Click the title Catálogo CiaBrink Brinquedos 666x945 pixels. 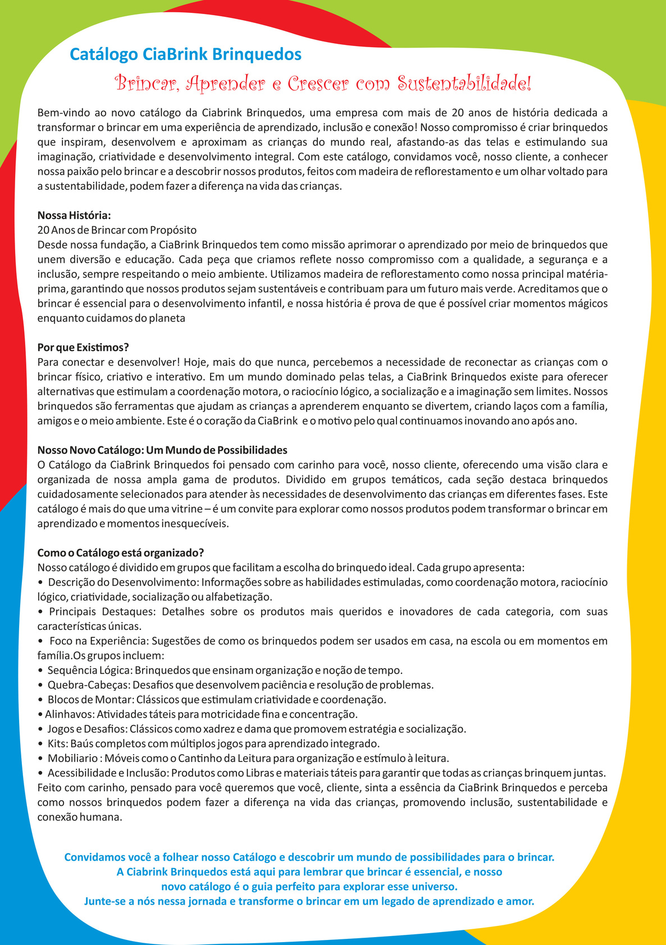pyautogui.click(x=185, y=54)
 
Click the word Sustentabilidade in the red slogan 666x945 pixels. pyautogui.click(x=464, y=84)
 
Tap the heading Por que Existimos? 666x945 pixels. pyautogui.click(x=83, y=348)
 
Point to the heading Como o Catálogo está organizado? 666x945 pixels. pyautogui.click(x=120, y=553)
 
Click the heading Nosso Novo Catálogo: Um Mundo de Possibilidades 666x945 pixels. pyautogui.click(x=162, y=450)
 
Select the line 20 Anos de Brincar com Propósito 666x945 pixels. pyautogui.click(x=117, y=230)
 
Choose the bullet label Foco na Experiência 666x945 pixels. pyautogui.click(x=98, y=641)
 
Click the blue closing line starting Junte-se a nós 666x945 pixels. pyautogui.click(x=309, y=901)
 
